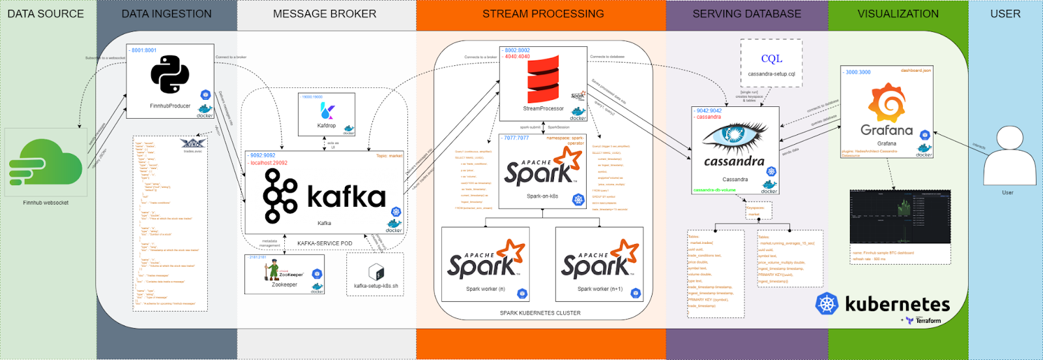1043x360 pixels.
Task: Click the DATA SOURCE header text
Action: [46, 14]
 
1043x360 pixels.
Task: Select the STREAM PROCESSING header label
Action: [543, 14]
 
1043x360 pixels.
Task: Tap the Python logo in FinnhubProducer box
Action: [170, 74]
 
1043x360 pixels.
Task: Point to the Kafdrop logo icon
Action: [327, 110]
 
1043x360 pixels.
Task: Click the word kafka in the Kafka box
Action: [346, 197]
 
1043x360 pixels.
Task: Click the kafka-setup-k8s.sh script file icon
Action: [376, 273]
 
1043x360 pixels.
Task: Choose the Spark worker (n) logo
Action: [485, 261]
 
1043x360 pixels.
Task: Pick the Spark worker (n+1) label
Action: [600, 289]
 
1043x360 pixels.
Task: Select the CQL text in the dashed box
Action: [771, 59]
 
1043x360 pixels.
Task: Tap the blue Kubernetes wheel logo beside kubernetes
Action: [827, 304]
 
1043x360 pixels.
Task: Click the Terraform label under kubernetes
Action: [928, 321]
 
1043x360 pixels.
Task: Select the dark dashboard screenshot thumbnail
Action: [900, 217]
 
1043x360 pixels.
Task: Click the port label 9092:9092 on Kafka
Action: [263, 156]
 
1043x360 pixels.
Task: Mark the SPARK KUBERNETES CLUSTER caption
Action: [540, 313]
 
